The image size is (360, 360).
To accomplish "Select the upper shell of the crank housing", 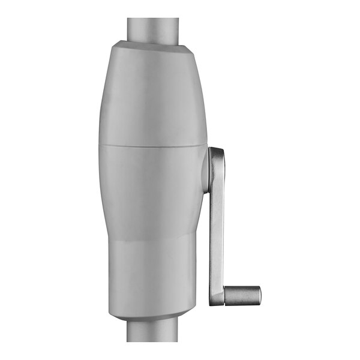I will [x=153, y=96].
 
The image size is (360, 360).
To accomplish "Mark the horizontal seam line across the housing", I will [x=153, y=145].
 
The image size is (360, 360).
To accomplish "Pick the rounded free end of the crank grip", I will [x=258, y=295].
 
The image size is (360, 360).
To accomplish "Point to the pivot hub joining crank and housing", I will [x=206, y=171].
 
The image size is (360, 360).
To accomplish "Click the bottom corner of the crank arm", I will [x=213, y=302].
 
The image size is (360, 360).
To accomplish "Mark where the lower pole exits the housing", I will [x=153, y=321].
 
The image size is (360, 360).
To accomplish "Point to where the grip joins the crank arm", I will [x=224, y=295].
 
